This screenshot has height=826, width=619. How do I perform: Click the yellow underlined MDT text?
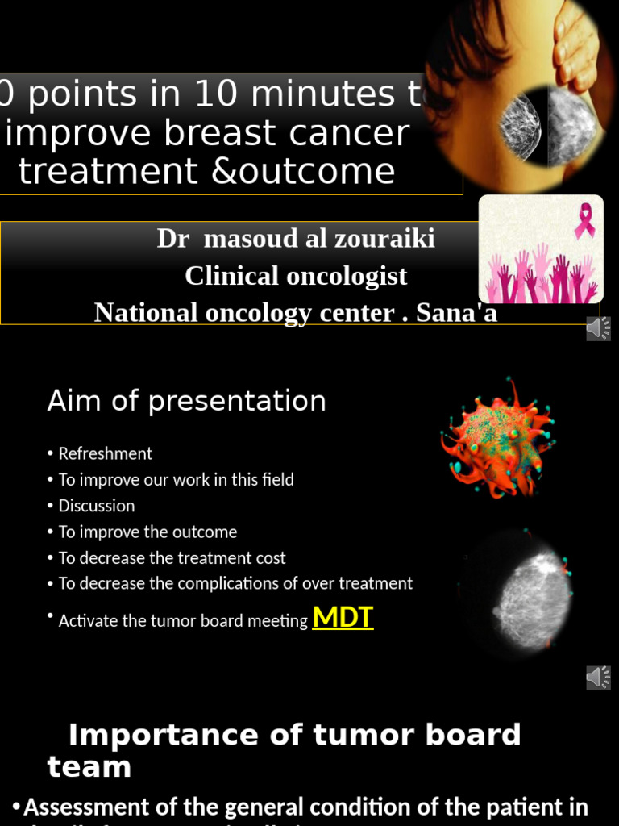point(343,617)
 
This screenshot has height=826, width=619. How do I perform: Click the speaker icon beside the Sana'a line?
point(598,328)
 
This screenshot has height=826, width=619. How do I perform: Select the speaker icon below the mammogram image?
point(598,678)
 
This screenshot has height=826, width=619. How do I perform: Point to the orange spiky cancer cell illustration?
point(497,438)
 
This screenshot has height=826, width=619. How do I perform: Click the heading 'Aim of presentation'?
point(186,401)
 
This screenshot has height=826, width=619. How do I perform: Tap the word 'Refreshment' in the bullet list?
point(105,453)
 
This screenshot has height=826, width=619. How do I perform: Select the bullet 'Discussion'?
point(96,506)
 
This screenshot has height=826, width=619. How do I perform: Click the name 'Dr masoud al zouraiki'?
point(296,239)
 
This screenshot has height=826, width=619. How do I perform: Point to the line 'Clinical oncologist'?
point(296,276)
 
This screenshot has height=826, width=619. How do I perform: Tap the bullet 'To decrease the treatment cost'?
point(172,557)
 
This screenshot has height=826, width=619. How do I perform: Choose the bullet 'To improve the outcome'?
point(147,532)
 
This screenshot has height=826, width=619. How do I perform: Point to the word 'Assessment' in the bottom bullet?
point(86,807)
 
